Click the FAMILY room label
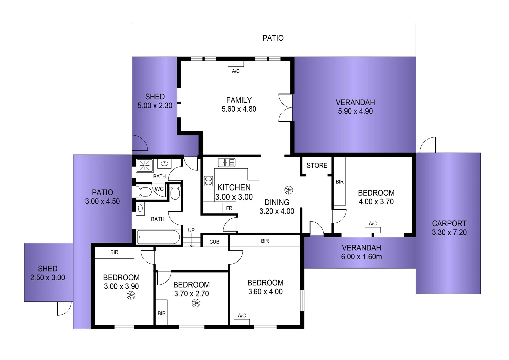point(239,100)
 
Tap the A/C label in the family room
point(236,71)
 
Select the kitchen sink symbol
point(227,163)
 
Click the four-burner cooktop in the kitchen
point(209,181)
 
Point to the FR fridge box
point(229,208)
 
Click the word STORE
point(317,166)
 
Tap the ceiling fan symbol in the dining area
point(289,190)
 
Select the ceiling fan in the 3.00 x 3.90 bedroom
point(131,295)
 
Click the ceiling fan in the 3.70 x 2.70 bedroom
point(196,303)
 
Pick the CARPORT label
point(449,224)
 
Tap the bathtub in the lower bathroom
point(159,237)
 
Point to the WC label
point(159,189)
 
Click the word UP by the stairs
point(191,230)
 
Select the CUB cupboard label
point(214,242)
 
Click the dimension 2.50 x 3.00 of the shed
point(48,278)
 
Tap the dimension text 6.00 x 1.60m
point(361,257)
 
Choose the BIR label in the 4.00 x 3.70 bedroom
point(340,182)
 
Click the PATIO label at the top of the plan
point(273,38)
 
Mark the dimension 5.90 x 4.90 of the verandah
point(355,111)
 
